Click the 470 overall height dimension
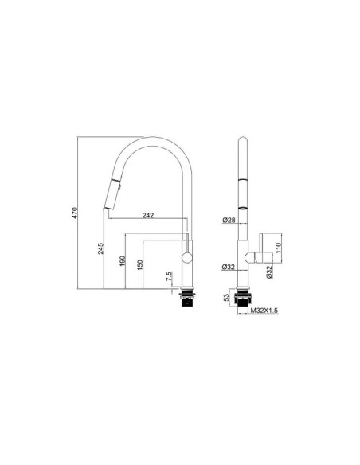[75, 213]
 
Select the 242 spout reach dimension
[148, 215]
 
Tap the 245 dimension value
[101, 248]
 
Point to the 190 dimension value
[123, 260]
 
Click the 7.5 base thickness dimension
[169, 276]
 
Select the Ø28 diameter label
[229, 220]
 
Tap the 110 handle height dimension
[278, 248]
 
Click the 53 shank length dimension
[226, 297]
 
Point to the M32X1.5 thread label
[264, 311]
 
